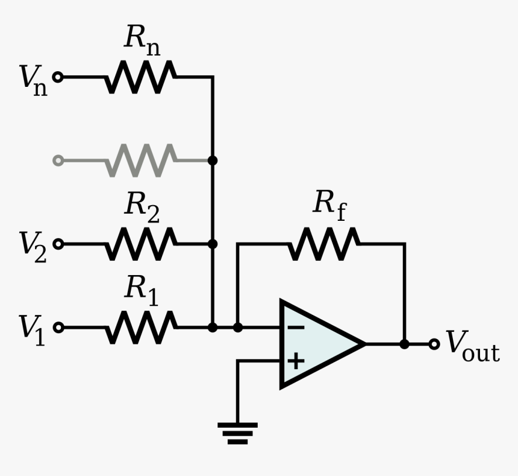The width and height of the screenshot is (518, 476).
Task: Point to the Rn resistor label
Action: tap(142, 40)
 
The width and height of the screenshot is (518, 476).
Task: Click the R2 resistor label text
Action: tap(142, 207)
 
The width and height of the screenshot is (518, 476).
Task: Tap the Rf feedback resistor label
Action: tap(329, 205)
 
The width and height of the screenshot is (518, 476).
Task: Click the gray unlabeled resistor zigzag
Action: tap(141, 160)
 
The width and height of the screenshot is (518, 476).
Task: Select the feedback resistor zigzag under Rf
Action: tap(324, 244)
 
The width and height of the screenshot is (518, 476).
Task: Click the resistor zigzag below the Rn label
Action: tap(141, 77)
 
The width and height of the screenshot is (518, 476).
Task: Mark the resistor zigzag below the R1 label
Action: tap(141, 328)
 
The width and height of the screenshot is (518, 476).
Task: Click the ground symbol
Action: tap(237, 433)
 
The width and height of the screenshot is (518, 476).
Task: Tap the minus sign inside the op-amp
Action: tap(296, 328)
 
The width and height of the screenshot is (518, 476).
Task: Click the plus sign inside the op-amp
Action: tap(296, 361)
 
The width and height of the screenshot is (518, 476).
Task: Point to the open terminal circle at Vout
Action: tap(434, 344)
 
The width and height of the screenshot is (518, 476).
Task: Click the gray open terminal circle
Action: tap(58, 160)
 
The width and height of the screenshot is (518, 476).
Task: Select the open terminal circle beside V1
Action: tap(58, 328)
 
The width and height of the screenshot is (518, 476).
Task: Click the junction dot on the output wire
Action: tap(405, 344)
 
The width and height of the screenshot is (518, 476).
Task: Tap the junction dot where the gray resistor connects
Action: tap(212, 160)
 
